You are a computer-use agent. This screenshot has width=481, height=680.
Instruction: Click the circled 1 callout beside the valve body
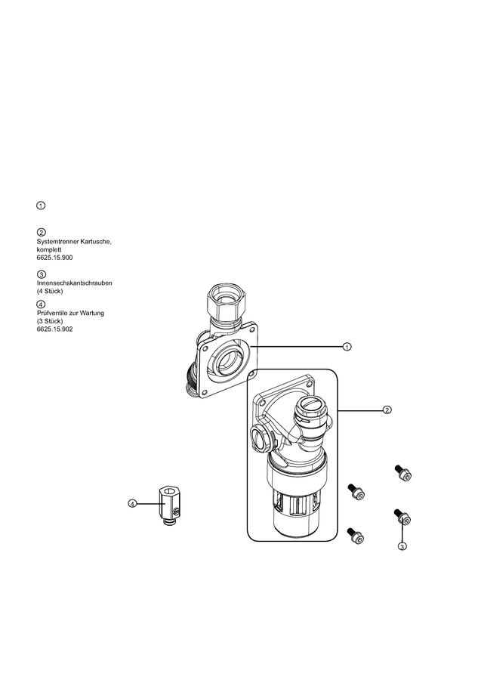point(347,347)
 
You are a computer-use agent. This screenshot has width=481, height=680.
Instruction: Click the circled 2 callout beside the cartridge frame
point(387,410)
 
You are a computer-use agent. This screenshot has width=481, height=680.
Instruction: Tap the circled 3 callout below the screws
point(402,546)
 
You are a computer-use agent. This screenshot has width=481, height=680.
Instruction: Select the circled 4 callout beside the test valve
point(132,503)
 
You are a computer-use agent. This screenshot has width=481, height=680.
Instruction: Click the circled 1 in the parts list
point(41,206)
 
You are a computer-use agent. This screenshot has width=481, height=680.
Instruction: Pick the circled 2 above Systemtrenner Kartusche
point(42,232)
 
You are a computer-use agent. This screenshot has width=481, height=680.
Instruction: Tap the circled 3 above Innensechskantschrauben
point(42,274)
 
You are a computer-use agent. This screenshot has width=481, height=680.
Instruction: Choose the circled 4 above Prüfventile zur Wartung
point(42,304)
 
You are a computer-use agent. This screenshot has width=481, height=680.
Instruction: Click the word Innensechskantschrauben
point(75,283)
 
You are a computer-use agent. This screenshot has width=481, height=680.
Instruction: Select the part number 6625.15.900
point(54,258)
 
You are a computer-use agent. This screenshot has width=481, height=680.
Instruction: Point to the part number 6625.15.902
point(54,329)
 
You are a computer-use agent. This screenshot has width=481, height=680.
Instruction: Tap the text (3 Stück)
point(50,321)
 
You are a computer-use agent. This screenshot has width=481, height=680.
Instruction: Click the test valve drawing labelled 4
point(168,505)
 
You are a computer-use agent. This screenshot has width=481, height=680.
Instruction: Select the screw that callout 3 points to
point(403,517)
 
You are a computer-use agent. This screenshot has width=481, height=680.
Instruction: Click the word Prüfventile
point(52,313)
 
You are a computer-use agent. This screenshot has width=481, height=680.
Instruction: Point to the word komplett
point(49,249)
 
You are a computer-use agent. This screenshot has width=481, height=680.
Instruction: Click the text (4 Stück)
point(50,291)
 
